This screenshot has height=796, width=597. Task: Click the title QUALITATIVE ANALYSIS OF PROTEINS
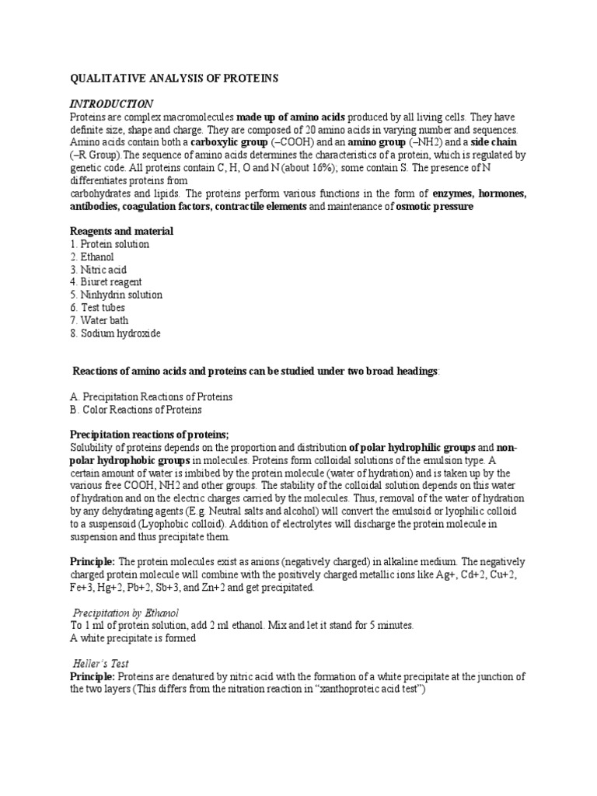pos(174,79)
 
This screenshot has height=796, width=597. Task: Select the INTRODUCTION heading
pos(112,103)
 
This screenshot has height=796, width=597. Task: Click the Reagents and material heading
pos(122,232)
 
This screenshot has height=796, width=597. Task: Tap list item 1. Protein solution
pos(110,244)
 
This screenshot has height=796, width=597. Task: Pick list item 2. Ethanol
pos(93,257)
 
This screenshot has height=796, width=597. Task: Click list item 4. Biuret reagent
pos(106,282)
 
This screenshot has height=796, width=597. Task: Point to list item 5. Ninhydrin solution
pos(117,295)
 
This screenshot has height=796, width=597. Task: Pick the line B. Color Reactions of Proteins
pos(136,410)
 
